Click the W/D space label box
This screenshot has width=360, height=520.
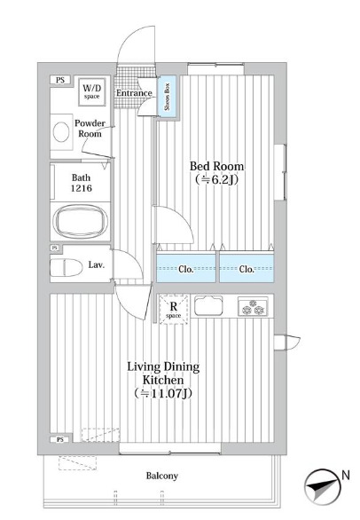click(x=92, y=91)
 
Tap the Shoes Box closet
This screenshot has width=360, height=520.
click(x=167, y=96)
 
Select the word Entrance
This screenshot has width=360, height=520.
click(x=134, y=93)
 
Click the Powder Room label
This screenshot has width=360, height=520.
click(x=90, y=129)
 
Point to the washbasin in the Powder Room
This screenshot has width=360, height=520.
click(x=61, y=132)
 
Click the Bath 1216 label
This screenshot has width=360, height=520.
click(x=82, y=183)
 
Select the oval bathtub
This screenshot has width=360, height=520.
click(x=81, y=221)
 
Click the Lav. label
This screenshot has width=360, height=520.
click(x=97, y=265)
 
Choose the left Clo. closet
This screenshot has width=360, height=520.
click(x=186, y=268)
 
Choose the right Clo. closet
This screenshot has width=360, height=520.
click(x=247, y=268)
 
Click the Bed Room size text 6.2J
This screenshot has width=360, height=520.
click(x=216, y=180)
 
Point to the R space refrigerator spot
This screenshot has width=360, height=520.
click(x=174, y=309)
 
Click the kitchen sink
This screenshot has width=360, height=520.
click(x=208, y=305)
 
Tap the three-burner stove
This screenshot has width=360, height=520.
click(x=253, y=306)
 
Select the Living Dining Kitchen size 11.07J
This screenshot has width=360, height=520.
click(x=163, y=394)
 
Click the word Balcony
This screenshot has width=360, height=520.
click(x=162, y=476)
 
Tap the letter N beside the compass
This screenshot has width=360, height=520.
click(x=346, y=476)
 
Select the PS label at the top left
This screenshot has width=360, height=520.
click(x=60, y=80)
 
